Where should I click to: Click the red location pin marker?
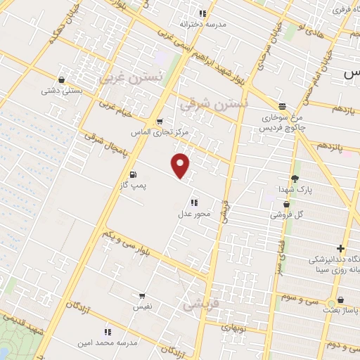pos(181,165)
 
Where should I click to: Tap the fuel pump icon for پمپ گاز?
pos(132,174)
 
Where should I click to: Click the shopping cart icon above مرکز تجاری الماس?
pos(160,121)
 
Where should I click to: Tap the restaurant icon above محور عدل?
pos(193,202)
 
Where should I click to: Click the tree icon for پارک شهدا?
pos(295,179)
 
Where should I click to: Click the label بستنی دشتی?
pos(62,90)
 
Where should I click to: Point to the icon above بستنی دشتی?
pos(63,79)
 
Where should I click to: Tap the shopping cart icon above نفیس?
pos(143,296)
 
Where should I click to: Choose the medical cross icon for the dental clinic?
pos(340,248)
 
